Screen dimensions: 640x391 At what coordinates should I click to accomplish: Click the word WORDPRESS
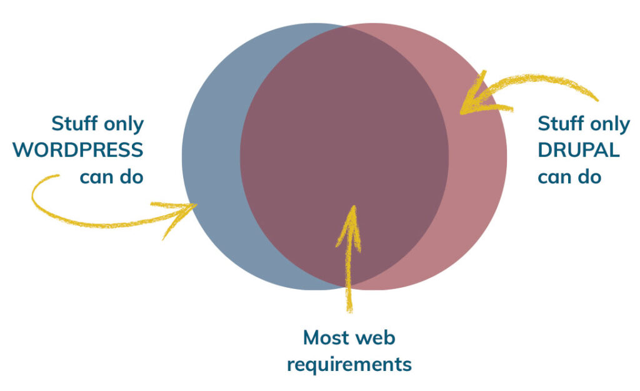click(x=78, y=150)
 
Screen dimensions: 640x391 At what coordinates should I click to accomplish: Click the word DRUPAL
click(x=579, y=150)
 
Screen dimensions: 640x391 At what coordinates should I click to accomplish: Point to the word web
click(x=375, y=337)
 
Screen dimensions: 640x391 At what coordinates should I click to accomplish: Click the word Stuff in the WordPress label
click(x=75, y=123)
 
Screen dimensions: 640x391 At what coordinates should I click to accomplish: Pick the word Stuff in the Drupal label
click(x=561, y=123)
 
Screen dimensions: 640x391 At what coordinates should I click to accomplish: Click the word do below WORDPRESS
click(x=131, y=177)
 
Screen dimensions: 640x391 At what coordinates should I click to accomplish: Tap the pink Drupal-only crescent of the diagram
click(x=477, y=163)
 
